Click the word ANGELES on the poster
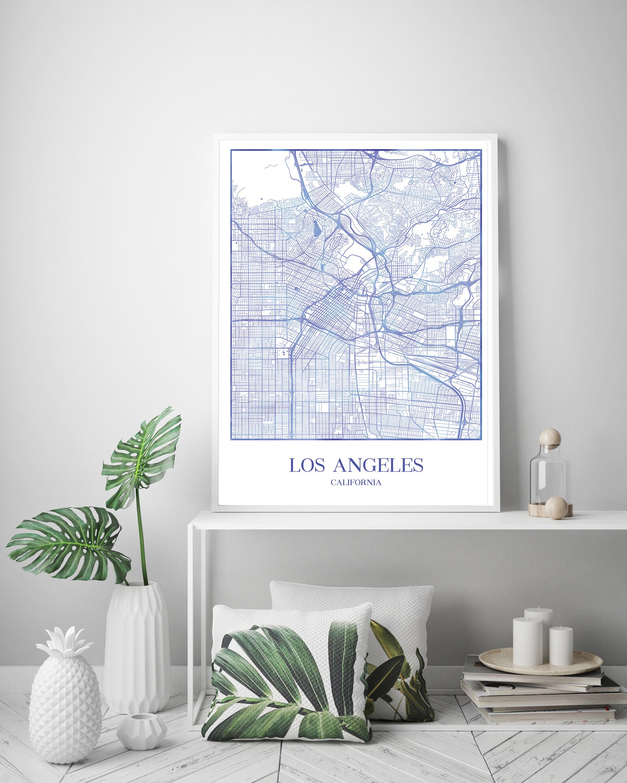click(x=378, y=465)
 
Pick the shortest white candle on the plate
click(x=561, y=646)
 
